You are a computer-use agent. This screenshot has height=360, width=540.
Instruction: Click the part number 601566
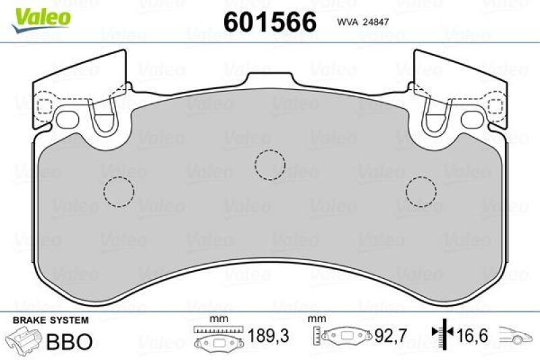(x=270, y=22)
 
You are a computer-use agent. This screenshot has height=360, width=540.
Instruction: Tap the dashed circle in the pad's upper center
(x=271, y=163)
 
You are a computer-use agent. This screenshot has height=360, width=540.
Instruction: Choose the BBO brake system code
(x=69, y=341)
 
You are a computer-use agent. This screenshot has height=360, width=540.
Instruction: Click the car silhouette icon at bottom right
(x=516, y=335)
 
